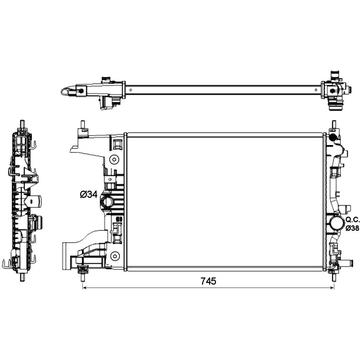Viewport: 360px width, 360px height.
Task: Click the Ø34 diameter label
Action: pos(89,195)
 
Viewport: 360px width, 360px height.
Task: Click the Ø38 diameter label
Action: pos(352,228)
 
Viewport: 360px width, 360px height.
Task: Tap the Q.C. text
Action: pos(353,220)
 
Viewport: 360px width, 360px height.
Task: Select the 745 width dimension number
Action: pos(208,281)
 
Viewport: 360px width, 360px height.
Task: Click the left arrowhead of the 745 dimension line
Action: pos(84,288)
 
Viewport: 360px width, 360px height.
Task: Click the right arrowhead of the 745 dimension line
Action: pos(332,288)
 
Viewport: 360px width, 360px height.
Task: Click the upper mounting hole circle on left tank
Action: pos(114,160)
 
